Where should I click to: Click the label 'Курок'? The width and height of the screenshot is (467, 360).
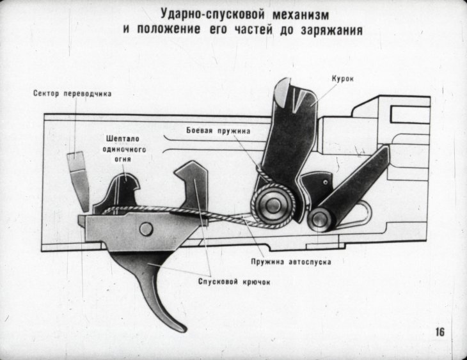pyautogui.click(x=343, y=79)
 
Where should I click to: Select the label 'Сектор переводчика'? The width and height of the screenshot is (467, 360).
pyautogui.click(x=72, y=93)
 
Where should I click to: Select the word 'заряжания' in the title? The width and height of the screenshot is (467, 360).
pyautogui.click(x=335, y=29)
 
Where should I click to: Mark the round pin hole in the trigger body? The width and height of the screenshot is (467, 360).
pyautogui.click(x=146, y=227)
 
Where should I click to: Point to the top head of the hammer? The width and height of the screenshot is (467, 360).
pyautogui.click(x=293, y=93)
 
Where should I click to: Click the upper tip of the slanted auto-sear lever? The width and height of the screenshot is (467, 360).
pyautogui.click(x=382, y=153)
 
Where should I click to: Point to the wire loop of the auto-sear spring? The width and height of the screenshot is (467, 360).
pyautogui.click(x=365, y=211)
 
